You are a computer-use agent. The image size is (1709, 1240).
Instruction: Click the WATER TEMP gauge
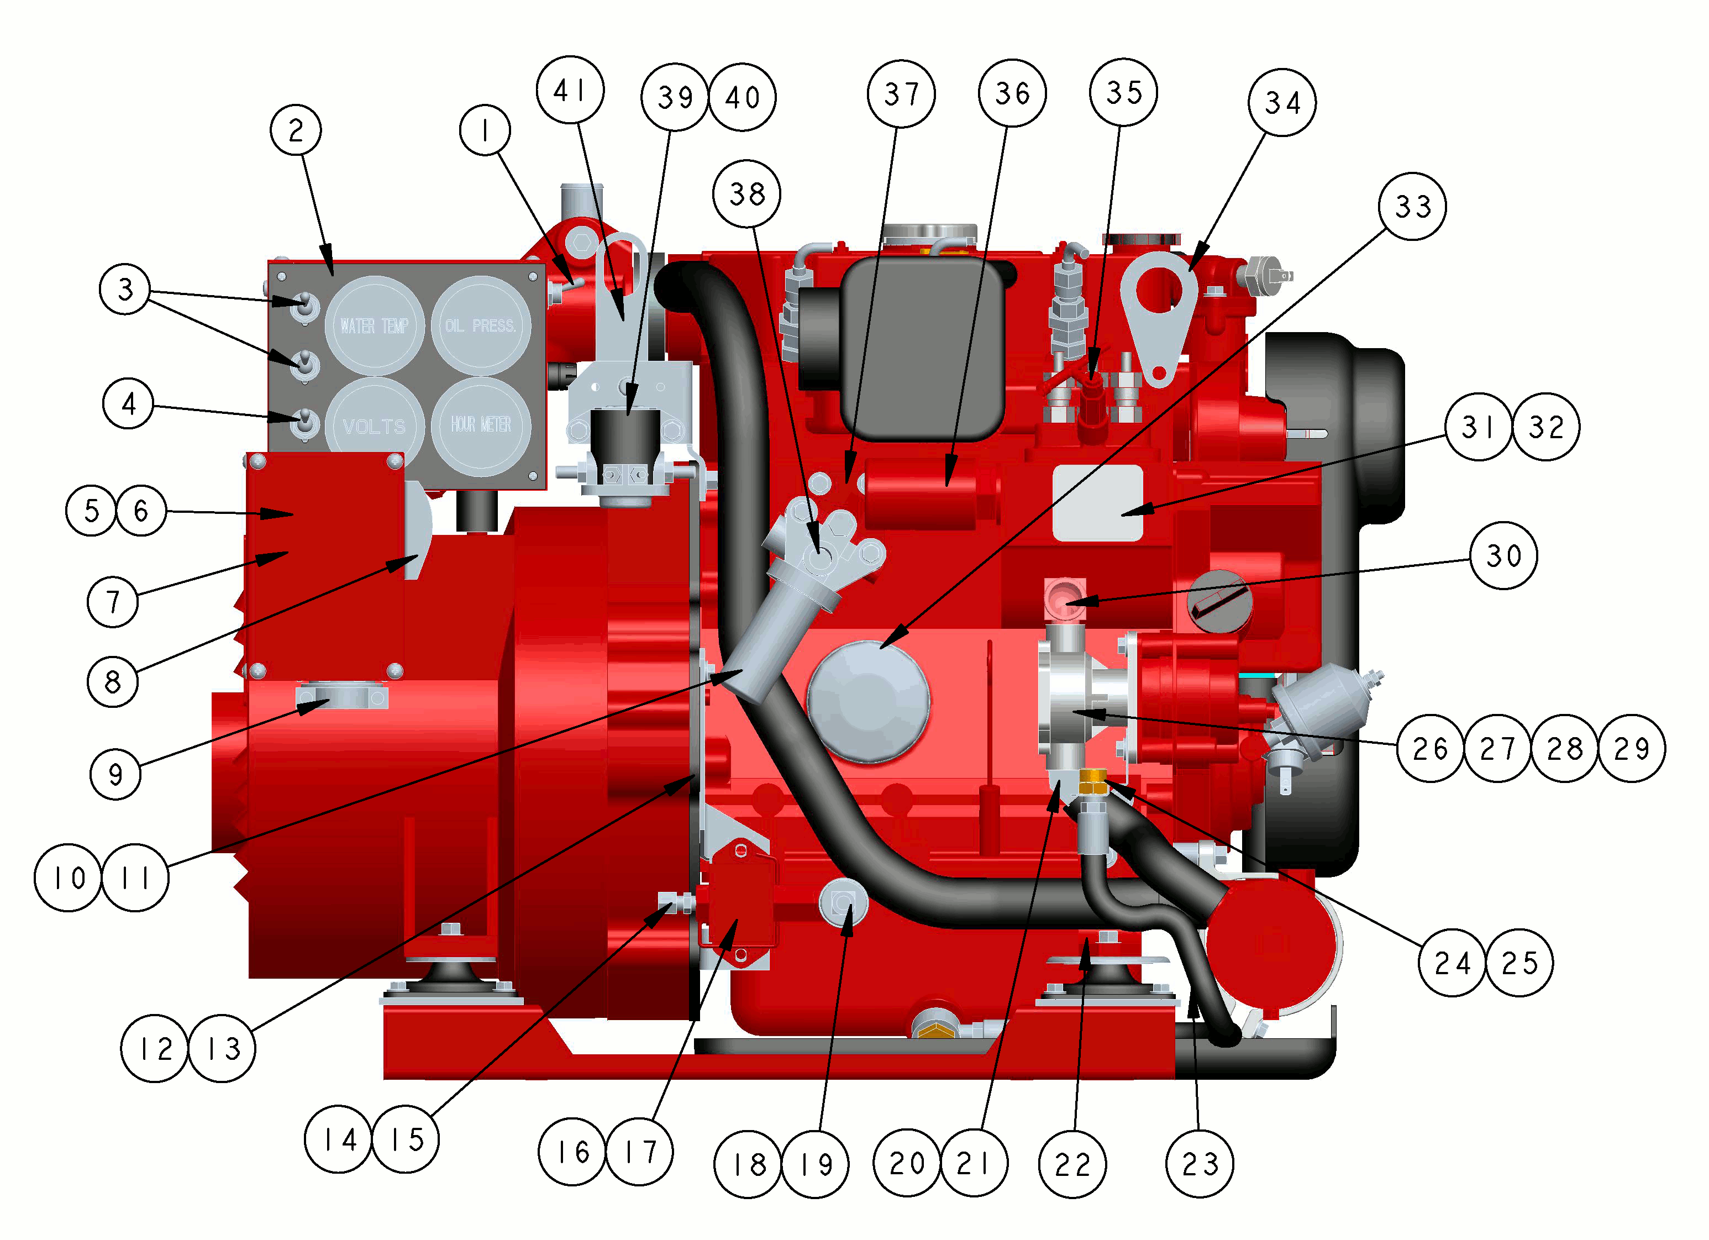(x=375, y=325)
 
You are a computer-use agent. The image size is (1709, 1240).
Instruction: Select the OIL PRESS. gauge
(x=481, y=325)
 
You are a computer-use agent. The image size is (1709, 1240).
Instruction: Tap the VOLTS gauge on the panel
(x=375, y=426)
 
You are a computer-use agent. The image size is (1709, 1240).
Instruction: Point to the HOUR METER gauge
(x=481, y=426)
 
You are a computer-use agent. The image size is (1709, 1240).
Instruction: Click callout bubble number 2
(x=296, y=130)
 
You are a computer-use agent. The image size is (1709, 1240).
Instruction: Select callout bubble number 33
(x=1412, y=206)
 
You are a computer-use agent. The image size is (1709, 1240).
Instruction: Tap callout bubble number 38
(x=746, y=194)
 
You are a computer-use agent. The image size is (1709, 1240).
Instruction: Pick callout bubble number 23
(x=1200, y=1163)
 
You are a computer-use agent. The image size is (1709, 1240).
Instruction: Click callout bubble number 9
(x=115, y=774)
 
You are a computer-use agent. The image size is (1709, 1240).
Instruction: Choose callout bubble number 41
(x=570, y=90)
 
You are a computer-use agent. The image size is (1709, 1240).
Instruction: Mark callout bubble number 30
(x=1503, y=555)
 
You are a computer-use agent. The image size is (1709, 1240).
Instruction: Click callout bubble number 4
(x=128, y=403)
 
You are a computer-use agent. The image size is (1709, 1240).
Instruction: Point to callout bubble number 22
(x=1072, y=1164)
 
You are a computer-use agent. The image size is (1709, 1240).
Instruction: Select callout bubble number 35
(x=1123, y=92)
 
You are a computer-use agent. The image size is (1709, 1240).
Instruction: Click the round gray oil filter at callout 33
(x=869, y=701)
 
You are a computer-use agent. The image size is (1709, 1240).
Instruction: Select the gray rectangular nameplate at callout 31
(x=1098, y=503)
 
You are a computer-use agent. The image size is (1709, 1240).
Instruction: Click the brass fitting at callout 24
(x=1092, y=782)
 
